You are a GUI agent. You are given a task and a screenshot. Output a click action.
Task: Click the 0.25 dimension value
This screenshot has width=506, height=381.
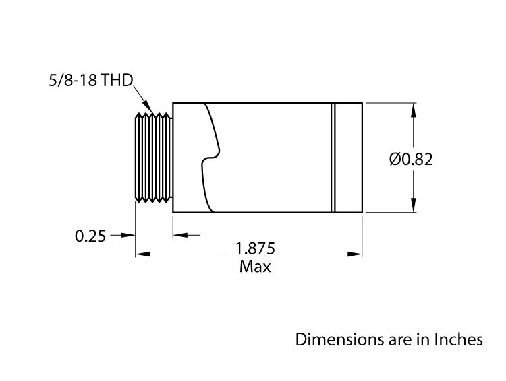tap(90, 236)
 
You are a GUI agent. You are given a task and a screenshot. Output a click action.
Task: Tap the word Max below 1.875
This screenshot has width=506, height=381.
tap(255, 267)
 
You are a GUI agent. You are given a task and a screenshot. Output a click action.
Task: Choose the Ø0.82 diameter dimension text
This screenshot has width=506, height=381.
tap(410, 160)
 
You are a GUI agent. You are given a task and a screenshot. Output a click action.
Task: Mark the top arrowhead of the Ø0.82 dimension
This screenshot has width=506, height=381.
tap(414, 108)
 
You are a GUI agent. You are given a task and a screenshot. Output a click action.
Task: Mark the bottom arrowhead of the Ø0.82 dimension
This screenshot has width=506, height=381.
tap(414, 207)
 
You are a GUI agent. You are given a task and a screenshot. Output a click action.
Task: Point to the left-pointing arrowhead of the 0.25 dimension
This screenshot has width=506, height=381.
tap(178, 235)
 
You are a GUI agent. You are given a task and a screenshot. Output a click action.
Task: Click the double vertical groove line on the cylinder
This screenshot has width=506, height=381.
tap(333, 158)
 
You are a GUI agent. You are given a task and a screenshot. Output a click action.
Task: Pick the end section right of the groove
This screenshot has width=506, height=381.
tap(349, 158)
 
